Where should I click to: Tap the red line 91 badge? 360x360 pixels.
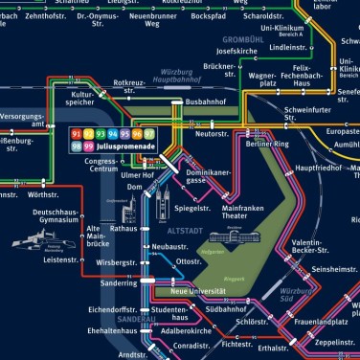[x=77, y=133]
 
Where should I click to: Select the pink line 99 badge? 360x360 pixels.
[x=90, y=147]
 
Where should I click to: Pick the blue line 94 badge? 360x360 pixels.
[x=113, y=133]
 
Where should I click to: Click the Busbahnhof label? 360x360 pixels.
[x=204, y=101]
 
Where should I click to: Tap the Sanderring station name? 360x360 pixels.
[x=118, y=283]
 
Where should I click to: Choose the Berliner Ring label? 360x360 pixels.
[x=267, y=142]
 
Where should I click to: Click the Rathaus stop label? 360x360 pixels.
[x=124, y=229]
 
